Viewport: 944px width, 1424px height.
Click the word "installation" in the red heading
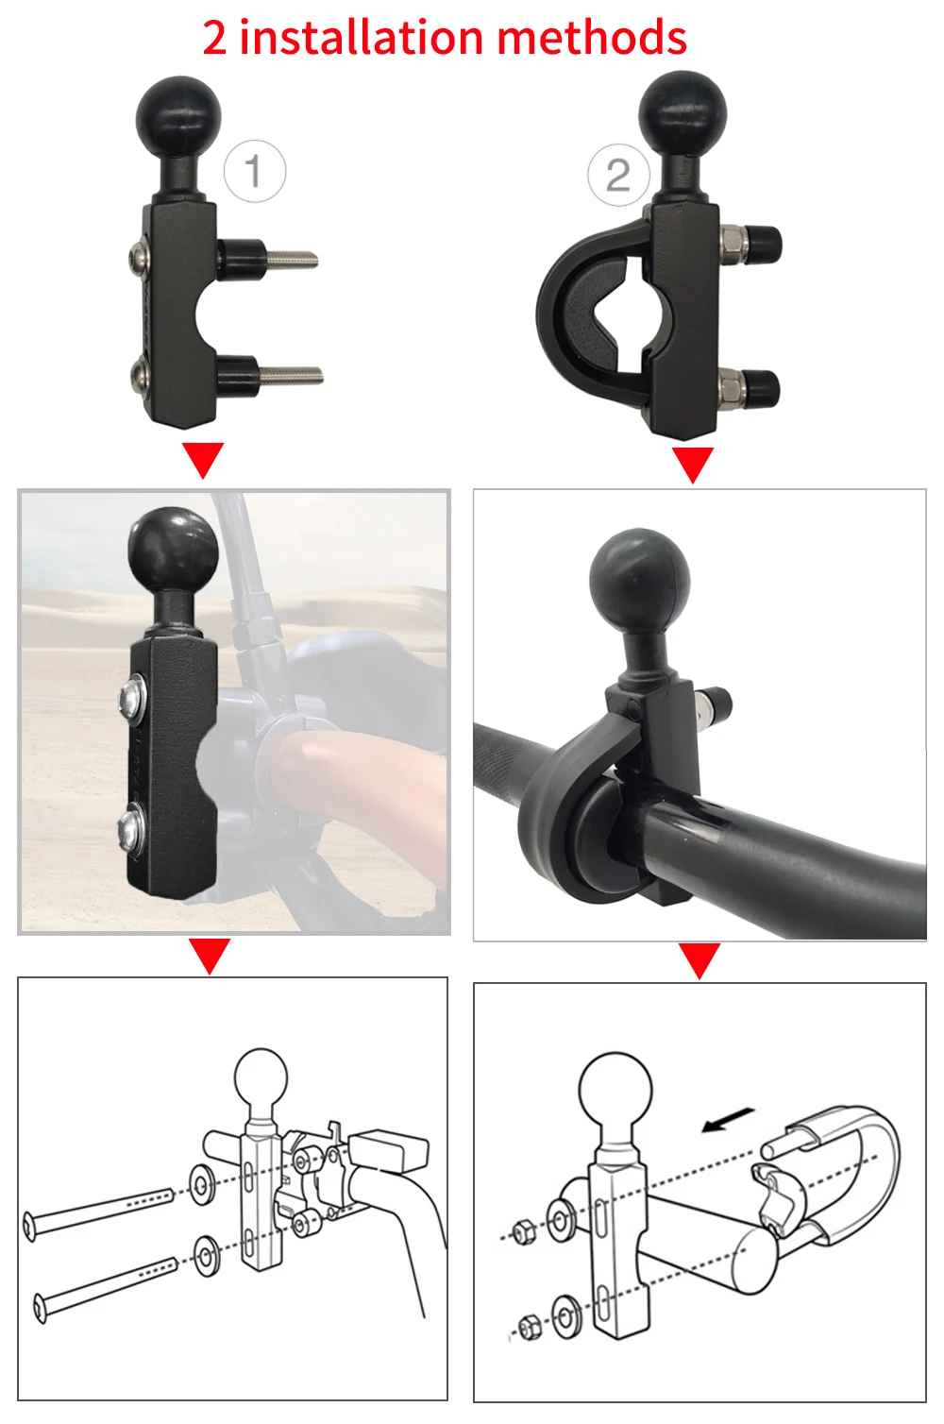click(361, 37)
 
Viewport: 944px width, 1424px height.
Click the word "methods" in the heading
click(592, 37)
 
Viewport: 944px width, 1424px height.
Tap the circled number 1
click(254, 171)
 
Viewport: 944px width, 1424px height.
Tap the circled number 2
click(618, 175)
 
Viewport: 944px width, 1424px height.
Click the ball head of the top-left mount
click(178, 116)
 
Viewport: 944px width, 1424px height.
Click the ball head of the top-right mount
click(683, 111)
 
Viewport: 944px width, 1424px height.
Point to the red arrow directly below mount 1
click(203, 460)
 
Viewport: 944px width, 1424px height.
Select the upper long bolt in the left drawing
click(98, 1210)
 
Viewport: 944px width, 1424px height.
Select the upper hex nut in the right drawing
click(523, 1231)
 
